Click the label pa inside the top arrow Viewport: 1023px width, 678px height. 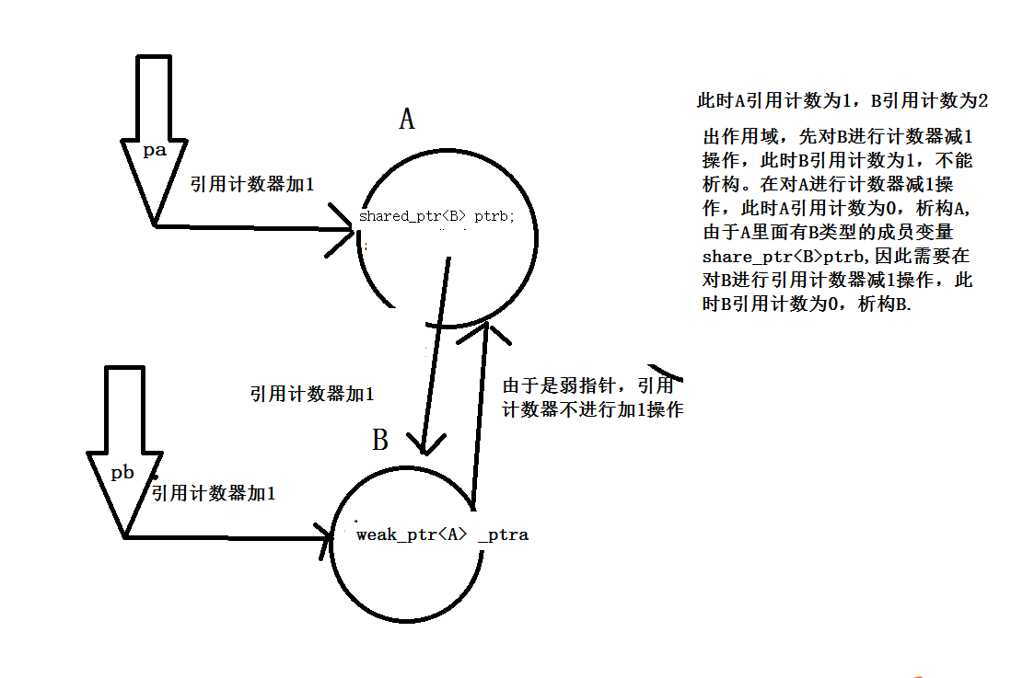pyautogui.click(x=155, y=150)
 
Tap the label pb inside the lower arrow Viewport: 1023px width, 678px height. pyautogui.click(x=123, y=473)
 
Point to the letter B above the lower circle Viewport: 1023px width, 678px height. pyautogui.click(x=379, y=441)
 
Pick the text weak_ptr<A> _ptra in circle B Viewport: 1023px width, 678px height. pyautogui.click(x=442, y=534)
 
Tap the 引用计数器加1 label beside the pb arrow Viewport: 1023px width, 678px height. pyautogui.click(x=214, y=494)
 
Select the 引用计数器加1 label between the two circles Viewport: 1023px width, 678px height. pyautogui.click(x=311, y=394)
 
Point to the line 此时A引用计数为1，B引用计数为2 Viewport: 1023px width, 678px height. pyautogui.click(x=842, y=101)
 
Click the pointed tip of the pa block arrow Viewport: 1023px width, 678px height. pyautogui.click(x=154, y=224)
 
